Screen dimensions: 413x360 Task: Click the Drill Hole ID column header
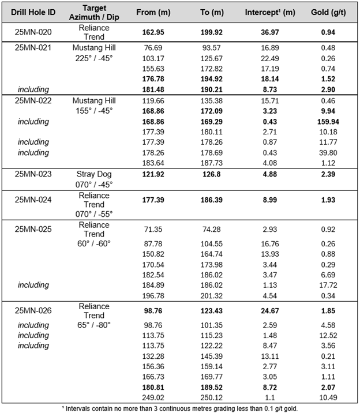point(33,12)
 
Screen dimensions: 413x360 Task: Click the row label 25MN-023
point(33,174)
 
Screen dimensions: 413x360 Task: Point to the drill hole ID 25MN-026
point(33,310)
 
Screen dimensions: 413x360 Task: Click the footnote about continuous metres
point(179,408)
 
